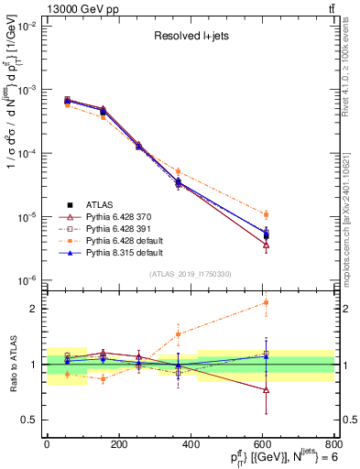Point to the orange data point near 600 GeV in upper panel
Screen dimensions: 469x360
[266, 214]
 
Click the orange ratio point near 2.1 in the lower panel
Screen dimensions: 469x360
[266, 302]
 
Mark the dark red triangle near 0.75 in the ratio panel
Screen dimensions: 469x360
[266, 389]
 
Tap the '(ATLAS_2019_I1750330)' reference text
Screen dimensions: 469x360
[191, 274]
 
